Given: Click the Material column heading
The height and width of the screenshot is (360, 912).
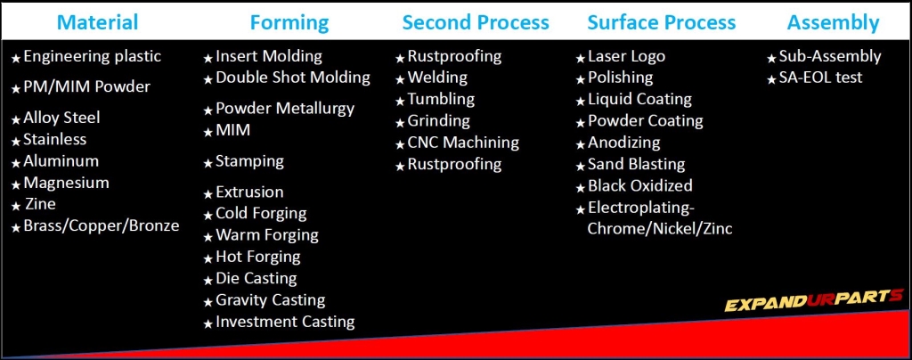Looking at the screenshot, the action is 98,22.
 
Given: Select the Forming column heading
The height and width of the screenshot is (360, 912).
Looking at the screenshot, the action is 289,23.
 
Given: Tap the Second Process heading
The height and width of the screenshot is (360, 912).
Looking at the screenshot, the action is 476,22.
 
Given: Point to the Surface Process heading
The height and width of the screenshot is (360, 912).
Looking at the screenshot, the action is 662,22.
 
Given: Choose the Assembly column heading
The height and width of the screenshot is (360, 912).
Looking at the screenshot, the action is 833,23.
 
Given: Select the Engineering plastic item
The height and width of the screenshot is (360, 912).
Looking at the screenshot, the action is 92,57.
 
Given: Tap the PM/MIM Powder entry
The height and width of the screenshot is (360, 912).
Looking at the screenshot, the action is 86,87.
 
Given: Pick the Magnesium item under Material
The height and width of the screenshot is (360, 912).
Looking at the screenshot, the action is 66,184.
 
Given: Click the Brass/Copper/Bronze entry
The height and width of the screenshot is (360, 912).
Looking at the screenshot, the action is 102,225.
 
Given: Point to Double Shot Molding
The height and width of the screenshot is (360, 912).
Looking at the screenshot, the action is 292,78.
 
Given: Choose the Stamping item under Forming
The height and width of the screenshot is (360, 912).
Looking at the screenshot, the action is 249,161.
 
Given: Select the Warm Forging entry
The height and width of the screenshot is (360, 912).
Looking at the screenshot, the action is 267,235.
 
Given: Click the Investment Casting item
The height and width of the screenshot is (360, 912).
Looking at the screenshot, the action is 285,322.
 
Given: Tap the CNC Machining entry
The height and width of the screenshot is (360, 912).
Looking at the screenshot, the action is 463,143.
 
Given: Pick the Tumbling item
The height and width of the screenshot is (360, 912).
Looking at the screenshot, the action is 441,100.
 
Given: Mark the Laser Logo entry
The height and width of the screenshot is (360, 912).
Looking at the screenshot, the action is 626,56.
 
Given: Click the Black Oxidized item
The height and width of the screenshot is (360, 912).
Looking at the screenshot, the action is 639,185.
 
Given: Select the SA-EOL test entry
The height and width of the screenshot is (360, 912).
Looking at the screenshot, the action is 820,78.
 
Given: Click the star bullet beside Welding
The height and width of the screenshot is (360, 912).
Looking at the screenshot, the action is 400,79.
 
